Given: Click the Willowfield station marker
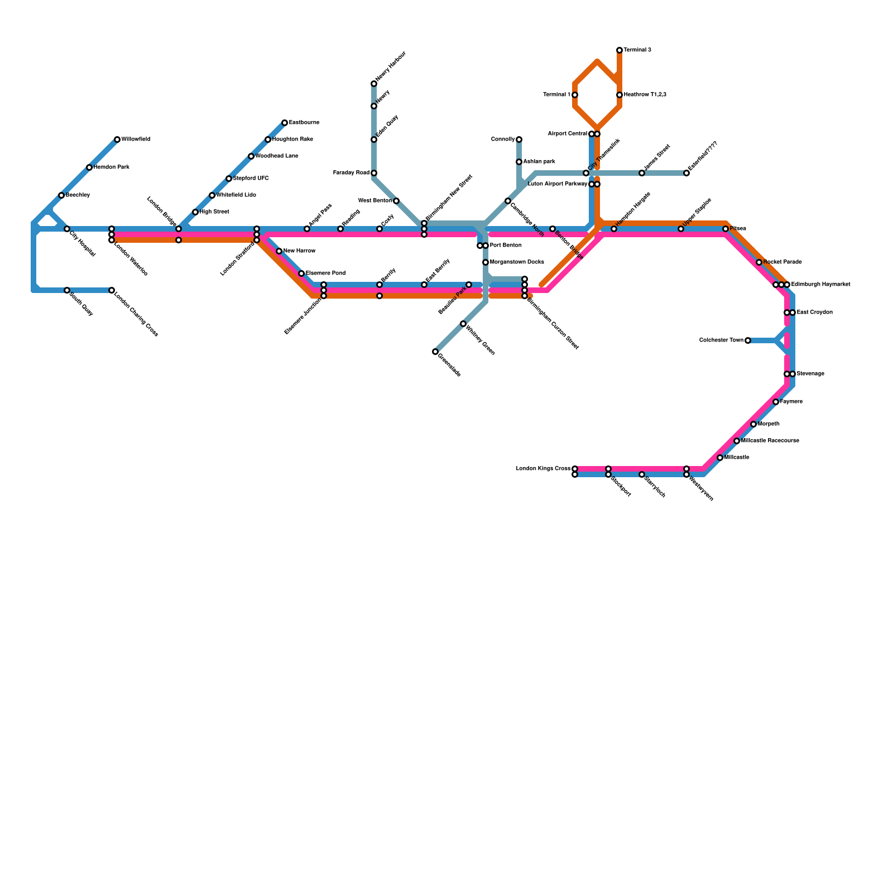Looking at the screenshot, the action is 117,140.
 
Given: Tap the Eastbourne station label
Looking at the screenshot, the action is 304,123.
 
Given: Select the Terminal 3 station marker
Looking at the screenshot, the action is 620,50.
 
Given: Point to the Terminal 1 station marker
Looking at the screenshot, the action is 575,95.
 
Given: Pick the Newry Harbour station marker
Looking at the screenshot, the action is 374,84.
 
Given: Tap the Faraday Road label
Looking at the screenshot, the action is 351,173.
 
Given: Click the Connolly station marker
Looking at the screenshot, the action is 519,140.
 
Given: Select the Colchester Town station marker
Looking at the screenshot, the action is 748,340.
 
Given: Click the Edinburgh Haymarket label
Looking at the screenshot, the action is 820,285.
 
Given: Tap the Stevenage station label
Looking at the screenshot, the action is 810,374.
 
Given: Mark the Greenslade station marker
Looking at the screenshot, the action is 435,352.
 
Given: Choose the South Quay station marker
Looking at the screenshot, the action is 67,290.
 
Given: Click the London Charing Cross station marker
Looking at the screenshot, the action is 112,290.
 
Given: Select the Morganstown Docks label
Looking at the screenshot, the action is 517,262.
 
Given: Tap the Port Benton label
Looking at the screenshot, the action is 506,246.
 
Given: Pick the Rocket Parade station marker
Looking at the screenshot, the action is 759,262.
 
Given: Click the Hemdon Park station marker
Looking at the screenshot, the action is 89,167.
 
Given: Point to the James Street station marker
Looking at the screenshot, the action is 642,173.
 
